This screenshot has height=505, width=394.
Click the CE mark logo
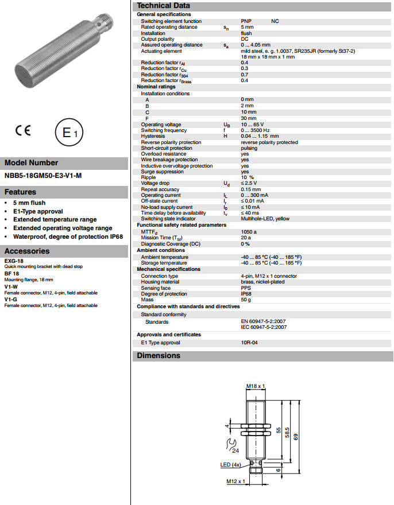23,131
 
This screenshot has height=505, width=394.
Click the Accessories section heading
27,251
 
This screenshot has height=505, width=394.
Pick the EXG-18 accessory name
14,261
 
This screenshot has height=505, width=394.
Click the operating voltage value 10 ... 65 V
252,125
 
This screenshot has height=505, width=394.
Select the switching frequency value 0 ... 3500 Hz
256,130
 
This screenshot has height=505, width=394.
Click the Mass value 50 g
246,300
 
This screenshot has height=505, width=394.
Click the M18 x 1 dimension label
255,386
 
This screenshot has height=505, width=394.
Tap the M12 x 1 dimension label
235,481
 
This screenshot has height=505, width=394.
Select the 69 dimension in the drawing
296,436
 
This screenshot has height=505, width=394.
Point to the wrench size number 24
235,450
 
